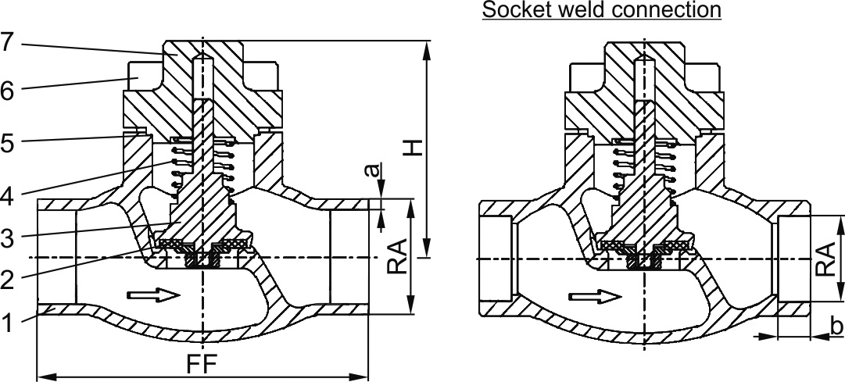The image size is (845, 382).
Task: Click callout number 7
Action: tap(7, 43)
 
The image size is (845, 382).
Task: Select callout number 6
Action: tap(7, 91)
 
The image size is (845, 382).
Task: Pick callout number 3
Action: tap(7, 239)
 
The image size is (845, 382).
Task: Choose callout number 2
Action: tap(7, 277)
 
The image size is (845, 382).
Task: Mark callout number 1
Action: tap(7, 323)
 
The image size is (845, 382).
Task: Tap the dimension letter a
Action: tap(375, 168)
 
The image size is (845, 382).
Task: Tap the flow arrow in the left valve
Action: tap(154, 295)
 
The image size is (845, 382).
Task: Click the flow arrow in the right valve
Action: tap(596, 297)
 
